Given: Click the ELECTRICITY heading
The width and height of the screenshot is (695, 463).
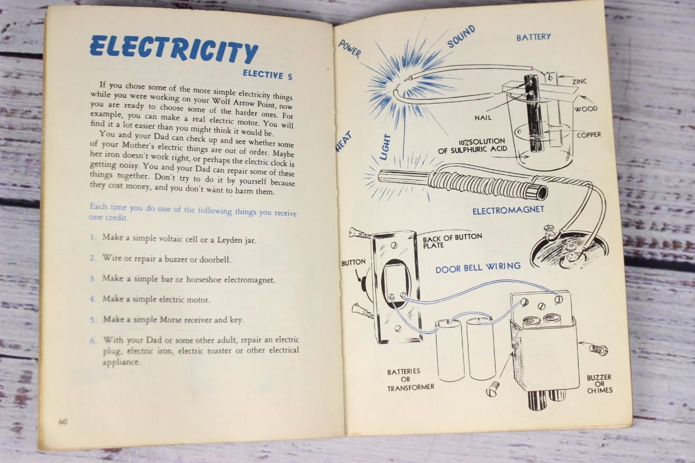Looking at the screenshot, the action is click(x=174, y=50).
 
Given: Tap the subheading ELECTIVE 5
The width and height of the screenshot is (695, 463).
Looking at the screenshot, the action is click(x=268, y=75).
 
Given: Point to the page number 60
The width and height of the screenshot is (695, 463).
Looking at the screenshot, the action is click(x=63, y=422).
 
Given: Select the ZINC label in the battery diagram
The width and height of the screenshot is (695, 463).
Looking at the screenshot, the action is click(x=579, y=81).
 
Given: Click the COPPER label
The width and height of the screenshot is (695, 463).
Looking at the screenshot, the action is click(x=589, y=135).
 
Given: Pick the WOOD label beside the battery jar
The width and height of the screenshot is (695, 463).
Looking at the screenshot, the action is click(x=586, y=109).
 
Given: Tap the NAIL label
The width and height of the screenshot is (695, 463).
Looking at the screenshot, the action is click(x=483, y=118).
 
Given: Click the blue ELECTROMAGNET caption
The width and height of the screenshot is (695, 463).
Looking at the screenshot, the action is click(x=509, y=211).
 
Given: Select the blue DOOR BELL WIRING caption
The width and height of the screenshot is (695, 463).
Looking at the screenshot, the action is click(x=478, y=267).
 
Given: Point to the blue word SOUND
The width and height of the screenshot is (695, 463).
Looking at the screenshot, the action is click(x=461, y=36).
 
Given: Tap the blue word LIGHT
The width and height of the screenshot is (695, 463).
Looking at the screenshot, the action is click(x=385, y=147).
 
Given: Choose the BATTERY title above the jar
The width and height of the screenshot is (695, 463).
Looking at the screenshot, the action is click(x=533, y=37).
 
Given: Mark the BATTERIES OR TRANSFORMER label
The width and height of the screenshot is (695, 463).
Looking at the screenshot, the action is click(x=410, y=379).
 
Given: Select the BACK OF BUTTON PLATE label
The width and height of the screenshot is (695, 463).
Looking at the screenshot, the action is click(x=452, y=241).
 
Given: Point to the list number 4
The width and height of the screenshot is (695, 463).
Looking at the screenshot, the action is click(x=92, y=299).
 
